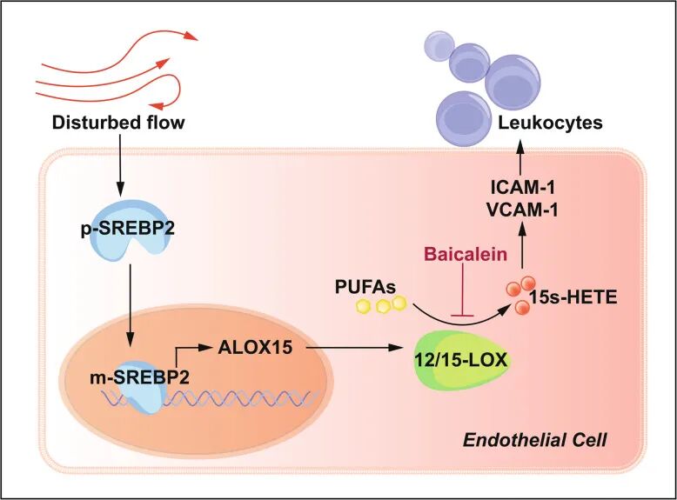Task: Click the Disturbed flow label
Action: click(118, 123)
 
